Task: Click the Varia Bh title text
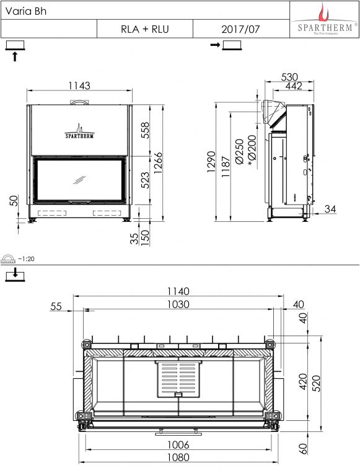pos(26,11)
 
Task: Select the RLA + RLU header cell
pos(145,29)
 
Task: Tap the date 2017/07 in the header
pos(240,29)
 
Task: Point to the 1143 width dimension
pos(79,86)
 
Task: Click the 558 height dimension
pos(146,130)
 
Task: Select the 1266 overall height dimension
pos(159,163)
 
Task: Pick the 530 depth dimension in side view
pos(289,77)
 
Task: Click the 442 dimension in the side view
pos(294,86)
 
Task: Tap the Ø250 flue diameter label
pos(240,151)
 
